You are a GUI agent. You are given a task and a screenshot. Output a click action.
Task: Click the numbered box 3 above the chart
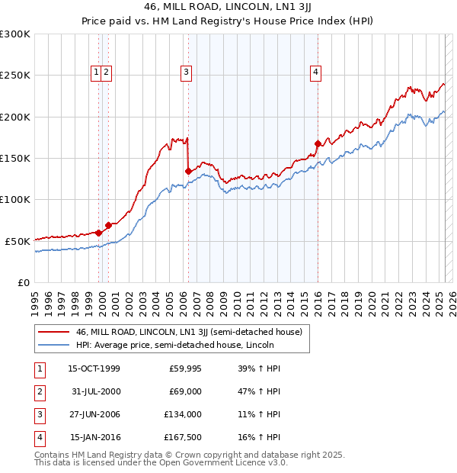186,72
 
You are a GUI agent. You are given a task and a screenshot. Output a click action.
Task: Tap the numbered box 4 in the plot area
315,72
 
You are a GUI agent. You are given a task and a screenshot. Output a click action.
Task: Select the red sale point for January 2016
318,143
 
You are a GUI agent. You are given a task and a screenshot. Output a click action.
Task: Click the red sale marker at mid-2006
188,171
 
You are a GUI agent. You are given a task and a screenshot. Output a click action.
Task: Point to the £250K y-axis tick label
15,76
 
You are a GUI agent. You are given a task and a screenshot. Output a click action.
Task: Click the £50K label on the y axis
18,241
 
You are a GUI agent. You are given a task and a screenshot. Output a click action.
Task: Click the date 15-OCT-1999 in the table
94,368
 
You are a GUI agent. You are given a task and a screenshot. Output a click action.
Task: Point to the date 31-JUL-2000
94,391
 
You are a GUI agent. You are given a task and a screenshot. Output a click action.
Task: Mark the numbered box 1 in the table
38,368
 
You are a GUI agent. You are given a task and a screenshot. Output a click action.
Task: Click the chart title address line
228,8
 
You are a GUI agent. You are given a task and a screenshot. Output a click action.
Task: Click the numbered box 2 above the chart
107,72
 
